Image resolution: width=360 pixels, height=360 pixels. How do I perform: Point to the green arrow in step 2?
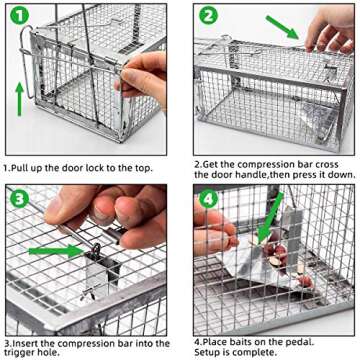click(281, 29)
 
